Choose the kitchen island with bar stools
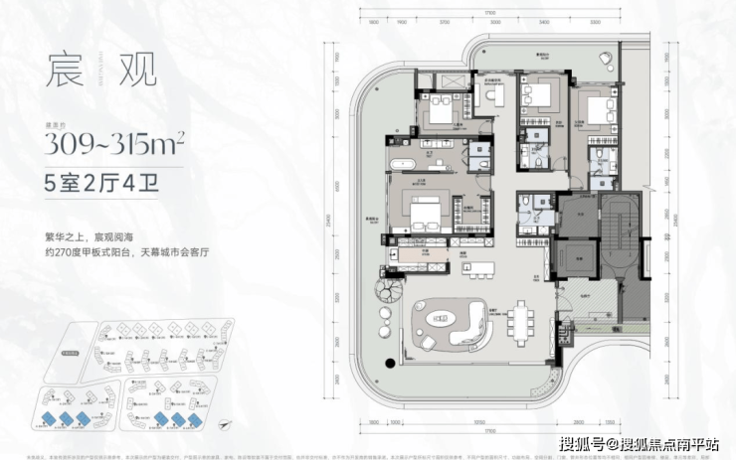coord(480,271)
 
